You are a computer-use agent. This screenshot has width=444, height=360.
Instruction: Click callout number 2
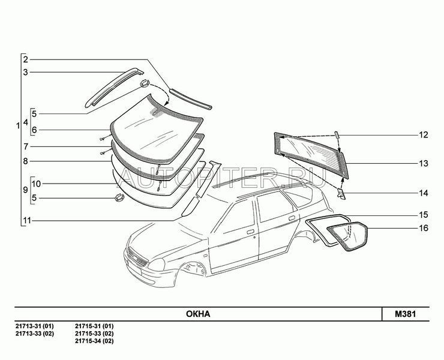(x=26, y=59)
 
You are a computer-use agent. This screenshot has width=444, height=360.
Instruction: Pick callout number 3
(x=26, y=73)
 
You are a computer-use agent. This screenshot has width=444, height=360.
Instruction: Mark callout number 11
(x=26, y=221)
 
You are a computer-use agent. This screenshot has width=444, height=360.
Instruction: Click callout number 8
(x=26, y=161)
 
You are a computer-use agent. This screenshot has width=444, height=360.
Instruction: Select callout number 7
(x=26, y=146)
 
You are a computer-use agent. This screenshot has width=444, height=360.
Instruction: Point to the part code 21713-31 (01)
(x=34, y=326)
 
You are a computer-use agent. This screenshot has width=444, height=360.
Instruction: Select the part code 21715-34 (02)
(x=94, y=341)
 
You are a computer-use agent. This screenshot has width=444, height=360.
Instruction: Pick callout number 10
(x=35, y=183)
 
